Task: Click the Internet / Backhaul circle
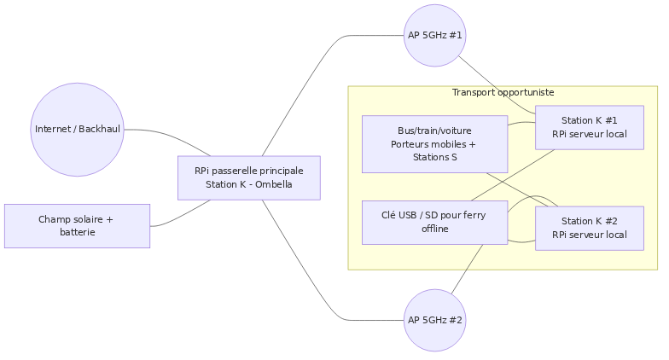(77, 130)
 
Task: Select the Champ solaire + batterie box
(77, 226)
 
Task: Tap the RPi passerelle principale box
(248, 177)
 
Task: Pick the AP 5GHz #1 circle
(435, 36)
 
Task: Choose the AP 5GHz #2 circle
(435, 320)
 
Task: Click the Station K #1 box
(589, 127)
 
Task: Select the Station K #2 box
(589, 228)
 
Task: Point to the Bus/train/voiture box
(434, 143)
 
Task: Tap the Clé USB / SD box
(434, 222)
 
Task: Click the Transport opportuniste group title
(503, 92)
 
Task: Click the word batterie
(77, 232)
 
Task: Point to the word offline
(434, 229)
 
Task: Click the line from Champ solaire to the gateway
(179, 218)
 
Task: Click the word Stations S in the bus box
(434, 157)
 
